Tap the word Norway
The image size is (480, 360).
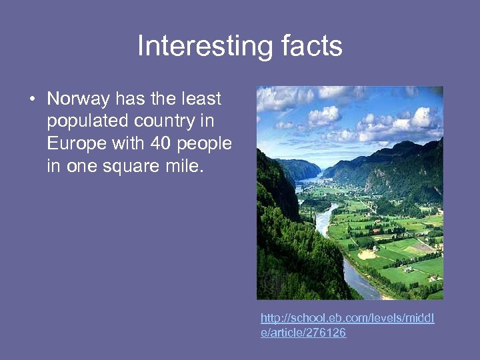coord(78,100)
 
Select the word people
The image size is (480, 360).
coord(204,144)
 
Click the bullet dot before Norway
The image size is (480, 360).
coord(31,101)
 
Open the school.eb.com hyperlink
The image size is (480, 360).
coord(347,319)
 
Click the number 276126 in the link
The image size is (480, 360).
coord(325,333)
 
